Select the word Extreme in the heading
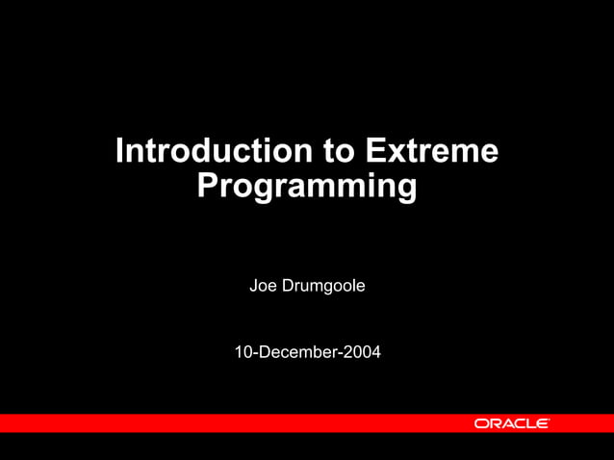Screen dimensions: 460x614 (432, 152)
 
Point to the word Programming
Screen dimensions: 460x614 (307, 186)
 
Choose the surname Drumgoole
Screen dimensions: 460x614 (323, 286)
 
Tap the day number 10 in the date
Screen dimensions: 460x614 (243, 353)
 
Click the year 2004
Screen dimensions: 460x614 (362, 353)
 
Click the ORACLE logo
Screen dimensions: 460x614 (511, 423)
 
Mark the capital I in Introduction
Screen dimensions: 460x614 (120, 152)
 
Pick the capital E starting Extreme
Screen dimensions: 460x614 (375, 152)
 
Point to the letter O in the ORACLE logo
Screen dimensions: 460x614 (480, 423)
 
